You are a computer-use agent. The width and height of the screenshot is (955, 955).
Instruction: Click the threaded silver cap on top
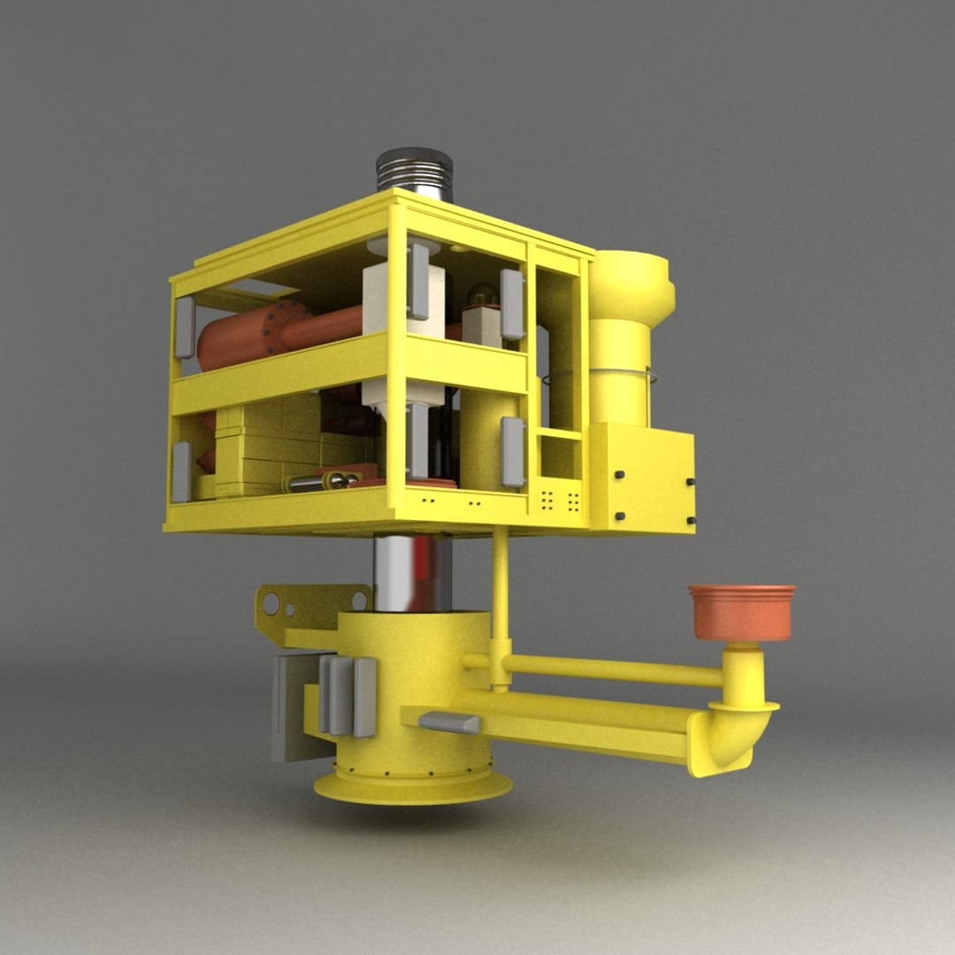(x=414, y=170)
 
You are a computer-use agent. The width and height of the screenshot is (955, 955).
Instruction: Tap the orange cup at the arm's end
(x=741, y=611)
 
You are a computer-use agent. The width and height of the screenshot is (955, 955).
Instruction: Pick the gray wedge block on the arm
(x=449, y=722)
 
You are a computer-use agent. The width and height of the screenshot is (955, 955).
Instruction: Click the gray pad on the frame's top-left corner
(x=185, y=327)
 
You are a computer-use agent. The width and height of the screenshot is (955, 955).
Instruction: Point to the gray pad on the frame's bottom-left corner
(x=182, y=471)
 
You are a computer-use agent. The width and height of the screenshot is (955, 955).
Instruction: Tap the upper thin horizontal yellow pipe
(x=610, y=670)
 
